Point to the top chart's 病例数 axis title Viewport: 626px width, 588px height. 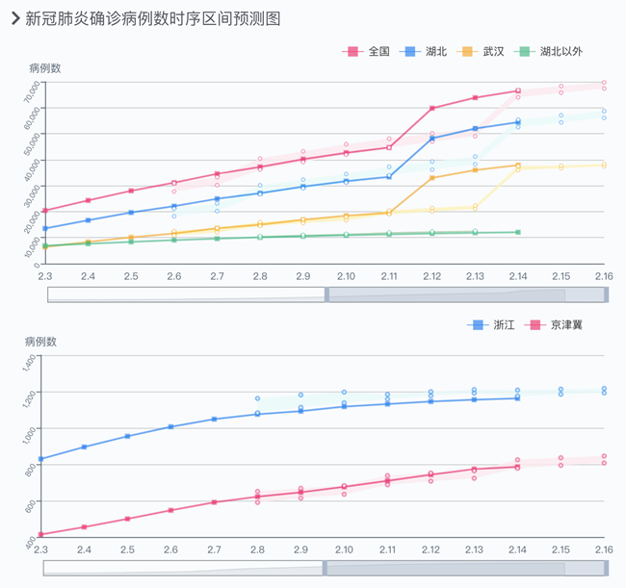coord(45,68)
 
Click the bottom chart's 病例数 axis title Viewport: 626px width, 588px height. coord(40,342)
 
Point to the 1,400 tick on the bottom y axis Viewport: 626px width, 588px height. coord(33,364)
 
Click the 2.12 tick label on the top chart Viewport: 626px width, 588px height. coord(431,277)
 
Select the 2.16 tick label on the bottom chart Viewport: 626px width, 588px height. coord(604,549)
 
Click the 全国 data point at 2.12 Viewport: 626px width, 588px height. coord(431,108)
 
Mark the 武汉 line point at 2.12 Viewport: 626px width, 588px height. coord(431,178)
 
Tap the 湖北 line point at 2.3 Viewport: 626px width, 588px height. coord(44,228)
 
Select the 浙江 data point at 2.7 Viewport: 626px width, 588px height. coord(215,419)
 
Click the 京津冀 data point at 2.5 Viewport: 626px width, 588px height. coord(127,519)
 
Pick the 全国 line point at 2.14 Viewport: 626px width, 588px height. coord(518,90)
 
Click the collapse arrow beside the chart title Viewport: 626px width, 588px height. coord(13,18)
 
